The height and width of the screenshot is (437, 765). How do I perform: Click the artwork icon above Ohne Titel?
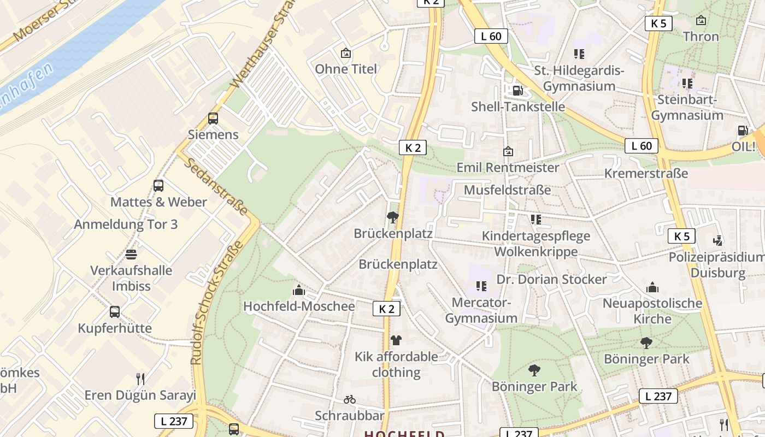click(345, 53)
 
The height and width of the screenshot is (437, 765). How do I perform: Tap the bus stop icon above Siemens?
click(213, 118)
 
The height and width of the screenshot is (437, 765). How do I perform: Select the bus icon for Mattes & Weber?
click(158, 186)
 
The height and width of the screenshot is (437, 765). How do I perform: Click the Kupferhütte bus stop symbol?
click(115, 312)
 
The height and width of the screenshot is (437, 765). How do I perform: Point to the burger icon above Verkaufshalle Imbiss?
click(131, 254)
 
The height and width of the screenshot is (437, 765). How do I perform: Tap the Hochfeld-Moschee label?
click(299, 306)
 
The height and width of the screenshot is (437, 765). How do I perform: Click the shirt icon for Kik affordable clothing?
click(396, 340)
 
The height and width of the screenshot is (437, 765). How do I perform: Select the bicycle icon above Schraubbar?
click(350, 399)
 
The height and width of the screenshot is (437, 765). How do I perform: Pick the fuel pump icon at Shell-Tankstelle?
click(517, 90)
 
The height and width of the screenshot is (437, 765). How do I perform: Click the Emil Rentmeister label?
click(508, 168)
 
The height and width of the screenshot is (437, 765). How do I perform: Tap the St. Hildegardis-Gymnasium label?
click(579, 79)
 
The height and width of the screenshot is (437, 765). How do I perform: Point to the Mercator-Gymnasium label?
click(481, 310)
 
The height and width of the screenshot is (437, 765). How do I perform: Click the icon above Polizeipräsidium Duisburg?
click(718, 240)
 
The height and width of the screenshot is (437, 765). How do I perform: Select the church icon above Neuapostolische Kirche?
click(652, 287)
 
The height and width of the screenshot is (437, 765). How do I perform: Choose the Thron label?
click(701, 37)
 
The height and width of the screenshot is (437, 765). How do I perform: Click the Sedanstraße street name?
click(216, 186)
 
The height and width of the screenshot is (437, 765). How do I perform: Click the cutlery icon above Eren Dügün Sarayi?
click(140, 379)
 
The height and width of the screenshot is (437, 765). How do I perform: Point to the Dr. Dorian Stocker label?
click(551, 280)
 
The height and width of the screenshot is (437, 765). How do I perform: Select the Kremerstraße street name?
click(646, 174)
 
